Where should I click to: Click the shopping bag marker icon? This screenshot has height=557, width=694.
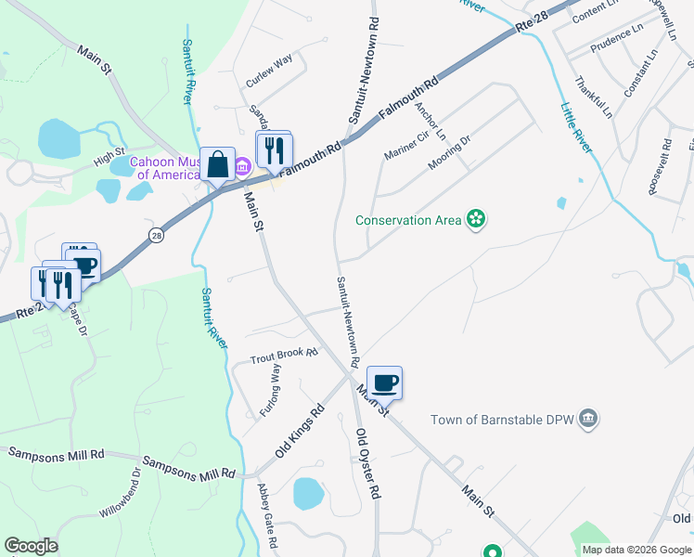pyautogui.click(x=217, y=166)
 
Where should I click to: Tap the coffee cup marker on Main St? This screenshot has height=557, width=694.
pyautogui.click(x=384, y=382)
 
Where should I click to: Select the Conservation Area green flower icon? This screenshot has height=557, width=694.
pyautogui.click(x=476, y=219)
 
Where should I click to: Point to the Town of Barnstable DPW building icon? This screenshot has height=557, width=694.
pyautogui.click(x=587, y=420)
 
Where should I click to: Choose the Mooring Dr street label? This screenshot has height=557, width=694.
pyautogui.click(x=450, y=153)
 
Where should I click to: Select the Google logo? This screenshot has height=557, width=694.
pyautogui.click(x=31, y=546)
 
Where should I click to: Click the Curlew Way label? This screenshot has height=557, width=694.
pyautogui.click(x=269, y=71)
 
